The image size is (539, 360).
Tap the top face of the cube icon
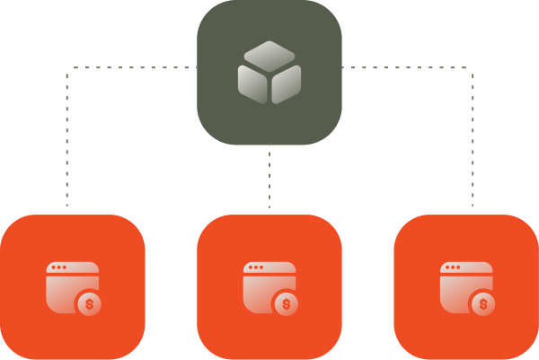pyautogui.click(x=269, y=55)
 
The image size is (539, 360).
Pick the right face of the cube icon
pyautogui.click(x=287, y=83)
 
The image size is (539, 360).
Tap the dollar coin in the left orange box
pyautogui.click(x=89, y=304)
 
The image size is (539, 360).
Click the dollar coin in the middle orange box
pyautogui.click(x=287, y=304)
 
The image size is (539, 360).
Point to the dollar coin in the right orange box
pyautogui.click(x=483, y=304)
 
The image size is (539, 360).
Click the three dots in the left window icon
pyautogui.click(x=58, y=268)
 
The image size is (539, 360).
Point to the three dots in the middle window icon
pyautogui.click(x=256, y=268)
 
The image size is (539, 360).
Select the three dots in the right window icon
pyautogui.click(x=453, y=268)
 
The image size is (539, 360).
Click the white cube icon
pyautogui.click(x=269, y=72)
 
